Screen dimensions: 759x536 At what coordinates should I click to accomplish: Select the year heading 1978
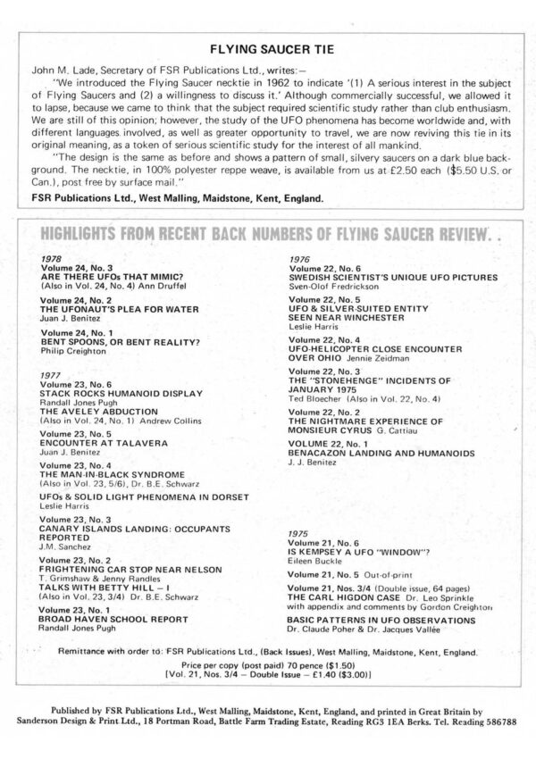point(51,258)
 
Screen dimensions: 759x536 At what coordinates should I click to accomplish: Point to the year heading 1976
point(300,258)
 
